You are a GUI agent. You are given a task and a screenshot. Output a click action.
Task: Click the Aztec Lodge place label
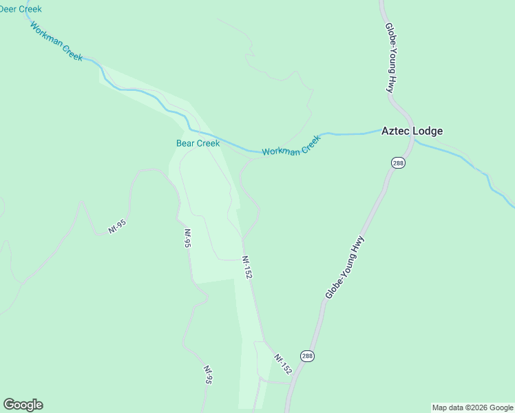point(412,131)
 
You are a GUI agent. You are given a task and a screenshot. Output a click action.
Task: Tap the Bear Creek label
point(198,143)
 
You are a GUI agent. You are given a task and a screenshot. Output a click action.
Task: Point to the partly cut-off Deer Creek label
point(20,9)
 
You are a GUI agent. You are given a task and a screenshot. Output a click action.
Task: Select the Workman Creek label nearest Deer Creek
point(56,41)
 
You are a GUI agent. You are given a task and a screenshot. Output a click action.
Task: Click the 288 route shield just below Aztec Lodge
point(398,163)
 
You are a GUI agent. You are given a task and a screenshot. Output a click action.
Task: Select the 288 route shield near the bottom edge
point(307,356)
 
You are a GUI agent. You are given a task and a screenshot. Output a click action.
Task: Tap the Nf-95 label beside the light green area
point(187,238)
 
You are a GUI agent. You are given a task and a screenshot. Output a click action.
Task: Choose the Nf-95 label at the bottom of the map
point(207,374)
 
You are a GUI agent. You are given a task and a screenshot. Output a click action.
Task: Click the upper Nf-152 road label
point(247,267)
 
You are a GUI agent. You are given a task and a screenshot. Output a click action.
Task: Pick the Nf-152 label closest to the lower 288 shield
point(283,364)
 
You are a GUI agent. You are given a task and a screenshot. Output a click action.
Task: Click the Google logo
point(23,405)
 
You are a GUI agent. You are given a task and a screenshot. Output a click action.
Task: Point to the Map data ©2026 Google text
point(472,407)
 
